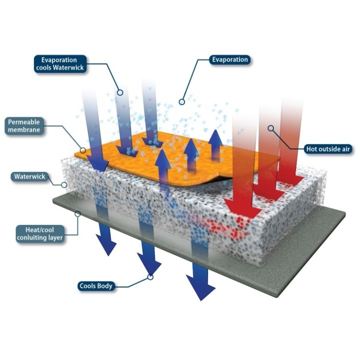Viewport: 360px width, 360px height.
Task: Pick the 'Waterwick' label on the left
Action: (x=29, y=176)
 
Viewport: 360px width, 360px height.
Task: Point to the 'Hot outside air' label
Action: (x=328, y=148)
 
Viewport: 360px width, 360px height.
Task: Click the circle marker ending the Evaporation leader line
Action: (x=182, y=102)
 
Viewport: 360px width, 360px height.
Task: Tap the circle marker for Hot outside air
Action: (x=271, y=128)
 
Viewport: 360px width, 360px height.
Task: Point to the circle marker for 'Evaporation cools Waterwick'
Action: (x=120, y=92)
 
